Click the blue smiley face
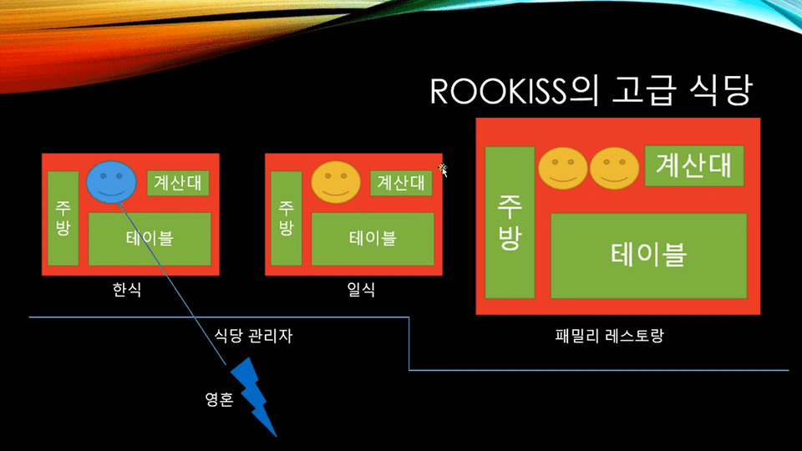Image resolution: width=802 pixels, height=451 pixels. coord(111,182)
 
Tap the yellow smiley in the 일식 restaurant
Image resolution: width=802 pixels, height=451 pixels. coord(336,182)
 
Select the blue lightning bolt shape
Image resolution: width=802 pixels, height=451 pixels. coord(254,397)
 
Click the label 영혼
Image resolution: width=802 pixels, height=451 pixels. coord(219,399)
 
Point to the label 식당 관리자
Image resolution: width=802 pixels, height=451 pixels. coord(253,336)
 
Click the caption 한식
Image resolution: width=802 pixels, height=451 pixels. coord(127,290)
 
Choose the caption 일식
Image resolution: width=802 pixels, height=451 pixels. coord(361,290)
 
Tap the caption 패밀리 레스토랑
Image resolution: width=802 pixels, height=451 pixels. coord(609,336)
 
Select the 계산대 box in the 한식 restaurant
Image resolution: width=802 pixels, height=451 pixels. coord(178,183)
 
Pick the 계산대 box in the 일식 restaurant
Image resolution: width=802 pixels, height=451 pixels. coord(401,183)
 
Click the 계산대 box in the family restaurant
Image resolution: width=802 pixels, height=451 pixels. coord(694,165)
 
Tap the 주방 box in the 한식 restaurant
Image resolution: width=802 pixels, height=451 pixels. coord(63,218)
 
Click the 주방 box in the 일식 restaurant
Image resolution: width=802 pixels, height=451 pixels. coord(286,218)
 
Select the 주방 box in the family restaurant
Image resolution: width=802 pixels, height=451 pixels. coord(510,222)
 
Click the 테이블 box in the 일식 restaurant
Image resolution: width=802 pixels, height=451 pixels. coord(373,239)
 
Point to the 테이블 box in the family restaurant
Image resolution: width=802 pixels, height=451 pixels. coord(648,256)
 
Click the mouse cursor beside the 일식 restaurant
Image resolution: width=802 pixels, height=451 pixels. coord(443,170)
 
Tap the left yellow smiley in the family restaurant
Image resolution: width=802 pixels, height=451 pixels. coord(562,168)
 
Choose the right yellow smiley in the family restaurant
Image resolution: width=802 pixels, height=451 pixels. coord(614,168)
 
